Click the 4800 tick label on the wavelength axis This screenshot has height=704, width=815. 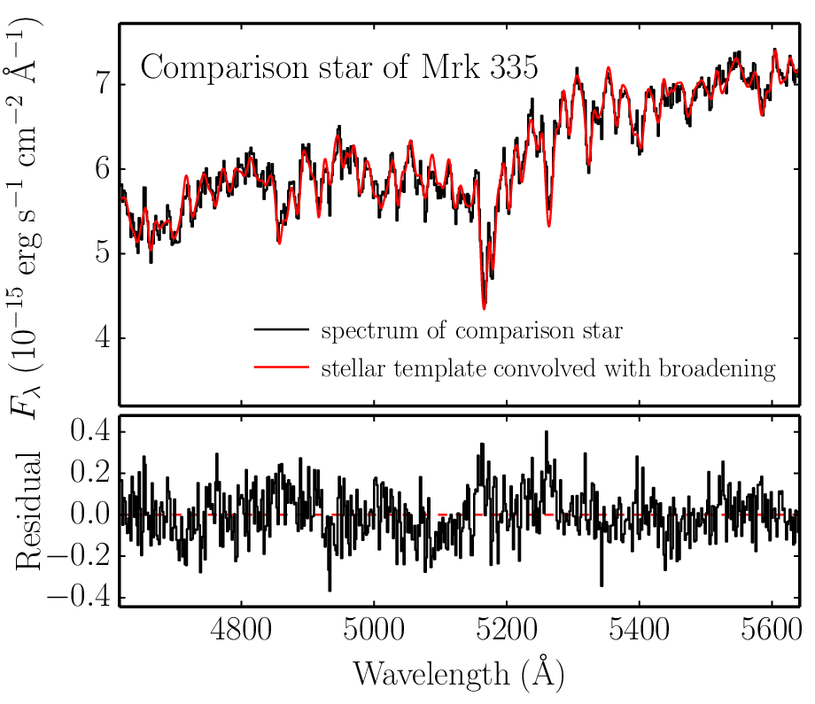(241, 630)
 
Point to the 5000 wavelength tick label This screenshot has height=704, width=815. (374, 630)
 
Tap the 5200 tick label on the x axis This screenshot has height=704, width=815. (506, 630)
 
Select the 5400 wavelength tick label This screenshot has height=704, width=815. (639, 630)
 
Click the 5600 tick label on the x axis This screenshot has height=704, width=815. (772, 630)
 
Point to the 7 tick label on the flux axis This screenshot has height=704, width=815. (104, 83)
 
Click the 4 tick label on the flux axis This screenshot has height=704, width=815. (104, 337)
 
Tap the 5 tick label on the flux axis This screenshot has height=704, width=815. (104, 253)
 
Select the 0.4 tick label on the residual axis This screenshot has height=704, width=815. (91, 430)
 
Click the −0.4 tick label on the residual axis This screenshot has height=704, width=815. (79, 597)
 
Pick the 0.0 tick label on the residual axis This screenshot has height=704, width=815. (91, 514)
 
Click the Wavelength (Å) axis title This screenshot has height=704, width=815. (459, 673)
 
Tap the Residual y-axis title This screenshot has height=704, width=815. (28, 511)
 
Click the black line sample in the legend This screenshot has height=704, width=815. (281, 329)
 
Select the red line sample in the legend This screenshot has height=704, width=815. (281, 367)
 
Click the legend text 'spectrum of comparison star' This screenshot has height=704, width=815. (472, 331)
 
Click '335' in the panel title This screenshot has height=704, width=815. (514, 67)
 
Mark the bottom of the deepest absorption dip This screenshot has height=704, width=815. (484, 309)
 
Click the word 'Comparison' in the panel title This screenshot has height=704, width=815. (224, 68)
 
